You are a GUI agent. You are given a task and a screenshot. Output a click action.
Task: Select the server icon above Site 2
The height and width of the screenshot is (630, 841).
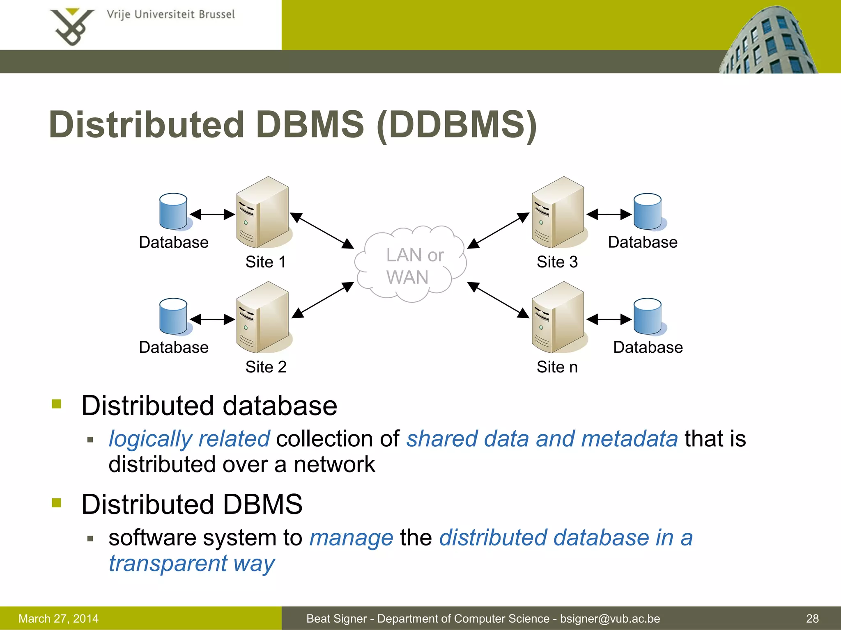coord(263,317)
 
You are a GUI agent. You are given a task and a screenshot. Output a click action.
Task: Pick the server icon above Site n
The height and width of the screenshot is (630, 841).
coord(558,317)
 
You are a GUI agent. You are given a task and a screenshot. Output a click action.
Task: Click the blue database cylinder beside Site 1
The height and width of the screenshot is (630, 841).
coord(174,212)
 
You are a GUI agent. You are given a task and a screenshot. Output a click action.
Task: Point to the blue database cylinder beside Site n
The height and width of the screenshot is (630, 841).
coord(648,317)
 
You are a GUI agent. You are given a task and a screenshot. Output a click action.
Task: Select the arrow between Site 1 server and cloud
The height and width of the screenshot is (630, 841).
coord(322,231)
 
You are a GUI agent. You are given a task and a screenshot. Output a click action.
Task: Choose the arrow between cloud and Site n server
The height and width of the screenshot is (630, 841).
coord(498,300)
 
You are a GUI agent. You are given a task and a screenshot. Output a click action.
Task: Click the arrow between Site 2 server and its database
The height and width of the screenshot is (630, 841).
coord(212,319)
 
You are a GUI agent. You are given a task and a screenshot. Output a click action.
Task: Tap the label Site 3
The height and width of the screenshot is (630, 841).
coord(557,262)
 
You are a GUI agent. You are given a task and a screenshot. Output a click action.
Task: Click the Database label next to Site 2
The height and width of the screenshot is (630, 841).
coord(174,347)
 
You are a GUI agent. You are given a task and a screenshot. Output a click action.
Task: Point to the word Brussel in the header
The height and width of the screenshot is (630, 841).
coord(216,15)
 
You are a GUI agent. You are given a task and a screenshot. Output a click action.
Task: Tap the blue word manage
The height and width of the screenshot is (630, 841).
coord(351,538)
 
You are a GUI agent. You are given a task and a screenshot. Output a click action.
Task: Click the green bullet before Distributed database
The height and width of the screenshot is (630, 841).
coord(57,404)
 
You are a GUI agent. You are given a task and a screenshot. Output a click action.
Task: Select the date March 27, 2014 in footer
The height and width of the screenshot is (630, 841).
coord(59,619)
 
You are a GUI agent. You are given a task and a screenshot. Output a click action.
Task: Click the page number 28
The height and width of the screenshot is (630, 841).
coord(812,619)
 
